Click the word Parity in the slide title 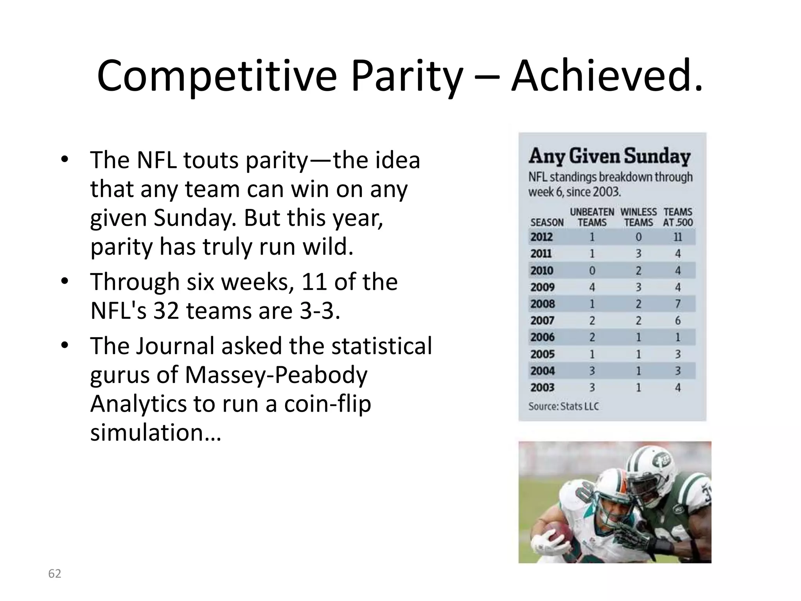(x=407, y=76)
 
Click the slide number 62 (x=54, y=574)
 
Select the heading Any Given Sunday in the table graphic (x=609, y=156)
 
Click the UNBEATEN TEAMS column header (x=592, y=217)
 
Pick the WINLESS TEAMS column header (x=638, y=217)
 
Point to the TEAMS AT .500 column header (x=678, y=217)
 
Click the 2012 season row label (x=542, y=237)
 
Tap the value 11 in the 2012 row (x=678, y=237)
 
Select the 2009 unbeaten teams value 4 (x=592, y=287)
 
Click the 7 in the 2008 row (x=678, y=304)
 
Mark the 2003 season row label (x=542, y=388)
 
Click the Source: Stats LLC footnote (x=564, y=406)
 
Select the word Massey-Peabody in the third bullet (x=276, y=375)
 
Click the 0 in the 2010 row (x=592, y=270)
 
